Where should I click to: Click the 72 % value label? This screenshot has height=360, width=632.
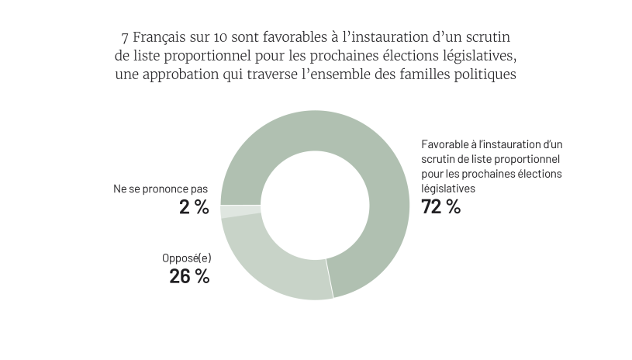(x=440, y=207)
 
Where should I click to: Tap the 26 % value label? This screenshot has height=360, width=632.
(x=189, y=276)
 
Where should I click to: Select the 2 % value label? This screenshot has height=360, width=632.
(x=195, y=207)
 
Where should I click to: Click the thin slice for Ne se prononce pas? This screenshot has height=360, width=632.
(x=240, y=211)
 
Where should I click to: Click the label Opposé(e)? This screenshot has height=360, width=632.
(x=187, y=258)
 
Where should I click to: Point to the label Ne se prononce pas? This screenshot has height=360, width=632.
(x=161, y=189)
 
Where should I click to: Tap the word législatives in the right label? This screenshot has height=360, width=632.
(x=448, y=189)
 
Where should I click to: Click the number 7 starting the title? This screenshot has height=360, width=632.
(x=125, y=37)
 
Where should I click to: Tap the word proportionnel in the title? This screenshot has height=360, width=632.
(x=208, y=56)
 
